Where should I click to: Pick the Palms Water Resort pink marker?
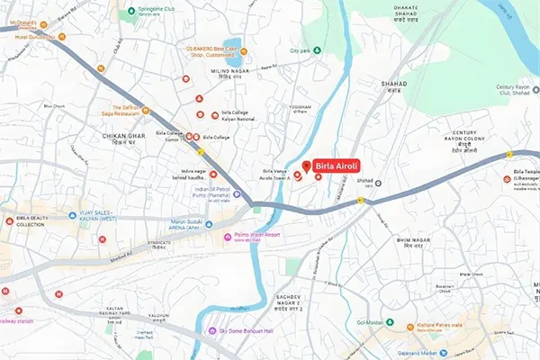tap(227, 237)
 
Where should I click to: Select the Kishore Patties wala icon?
tap(410, 327)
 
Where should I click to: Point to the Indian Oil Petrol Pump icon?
tap(236, 193)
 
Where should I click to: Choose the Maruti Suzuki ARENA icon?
tap(209, 224)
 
